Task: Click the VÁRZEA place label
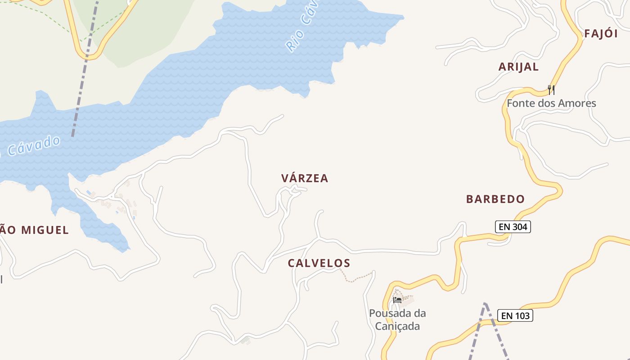tap(305, 178)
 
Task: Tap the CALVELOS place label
tap(319, 263)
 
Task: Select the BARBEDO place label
tap(495, 199)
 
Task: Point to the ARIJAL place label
tap(518, 67)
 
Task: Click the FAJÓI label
tap(601, 34)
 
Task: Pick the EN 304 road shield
tap(513, 227)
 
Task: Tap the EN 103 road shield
tap(515, 315)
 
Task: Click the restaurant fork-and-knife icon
tap(551, 89)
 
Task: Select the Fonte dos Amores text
tap(551, 103)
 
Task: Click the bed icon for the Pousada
tap(397, 300)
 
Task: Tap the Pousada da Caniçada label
tap(397, 319)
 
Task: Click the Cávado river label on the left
tap(34, 145)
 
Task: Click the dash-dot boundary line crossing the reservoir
tap(81, 90)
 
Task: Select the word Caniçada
tap(397, 326)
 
